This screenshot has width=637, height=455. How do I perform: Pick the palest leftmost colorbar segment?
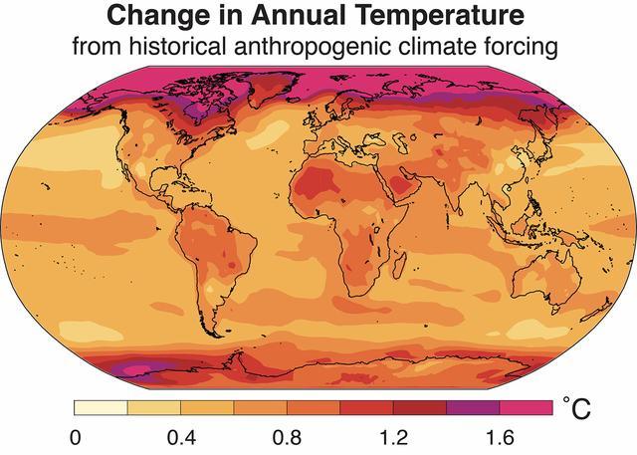(x=101, y=407)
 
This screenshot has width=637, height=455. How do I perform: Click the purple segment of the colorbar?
(x=472, y=407)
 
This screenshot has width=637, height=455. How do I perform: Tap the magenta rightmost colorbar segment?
(x=526, y=407)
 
